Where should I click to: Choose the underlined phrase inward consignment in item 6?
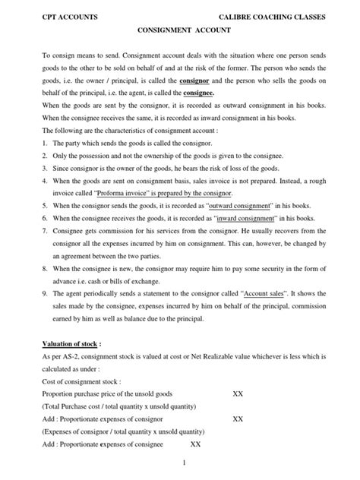click(253, 232)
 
